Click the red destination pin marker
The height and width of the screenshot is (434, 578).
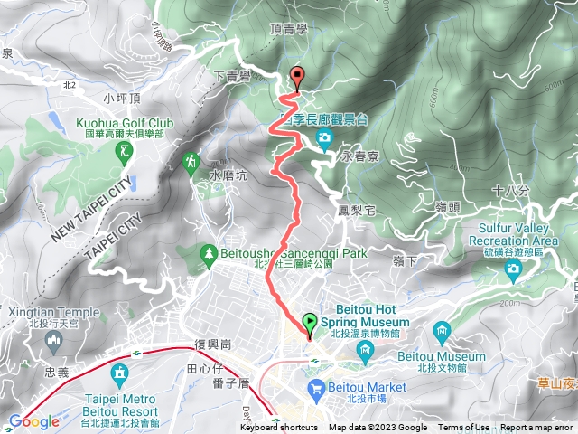click(296, 78)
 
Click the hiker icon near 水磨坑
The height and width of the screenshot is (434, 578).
click(191, 163)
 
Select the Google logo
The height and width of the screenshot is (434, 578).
click(34, 421)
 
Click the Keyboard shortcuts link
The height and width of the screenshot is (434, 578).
click(278, 428)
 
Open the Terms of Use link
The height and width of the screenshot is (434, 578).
click(464, 428)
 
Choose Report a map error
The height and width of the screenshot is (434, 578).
click(537, 428)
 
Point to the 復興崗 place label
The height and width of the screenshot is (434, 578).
click(213, 344)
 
